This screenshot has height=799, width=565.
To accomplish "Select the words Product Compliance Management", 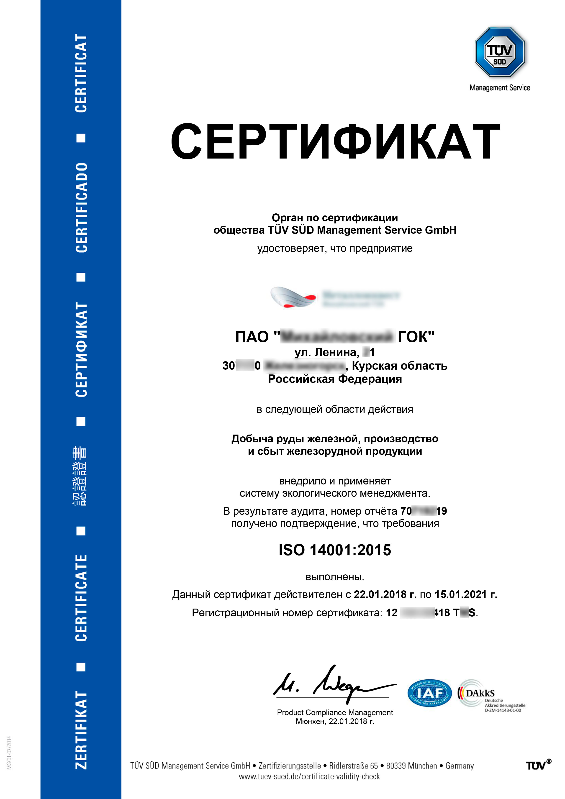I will coord(335,712).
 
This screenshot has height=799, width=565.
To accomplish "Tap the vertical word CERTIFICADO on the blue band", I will coord(81,207).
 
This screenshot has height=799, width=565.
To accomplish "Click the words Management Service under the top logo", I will coord(500,88).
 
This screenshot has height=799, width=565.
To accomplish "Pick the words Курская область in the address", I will coord(399,366).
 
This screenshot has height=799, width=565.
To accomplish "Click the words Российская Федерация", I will coord(335,379).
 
